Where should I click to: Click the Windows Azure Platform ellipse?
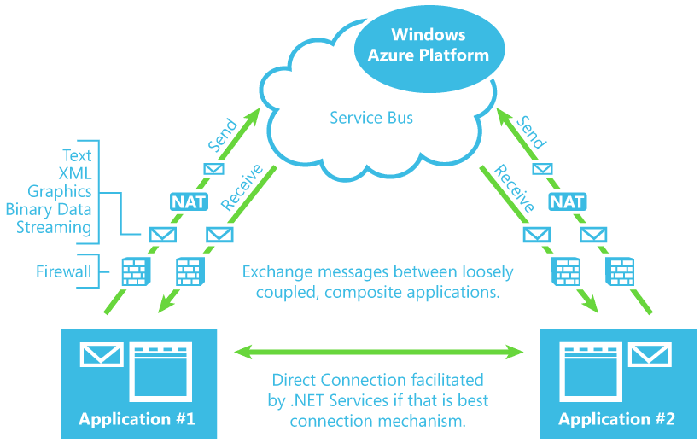point(429,50)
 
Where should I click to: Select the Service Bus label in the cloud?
point(371,118)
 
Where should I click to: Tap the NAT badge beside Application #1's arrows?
point(190,201)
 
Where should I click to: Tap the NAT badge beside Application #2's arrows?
point(568,201)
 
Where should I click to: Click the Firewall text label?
point(63,271)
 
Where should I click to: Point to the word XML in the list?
point(75,173)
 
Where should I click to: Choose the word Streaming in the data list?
point(54,227)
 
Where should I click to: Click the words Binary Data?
point(48,209)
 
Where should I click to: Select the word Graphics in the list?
point(60,191)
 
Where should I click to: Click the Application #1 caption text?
point(137,419)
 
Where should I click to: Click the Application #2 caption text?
point(616,419)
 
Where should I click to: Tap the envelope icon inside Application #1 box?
point(102,354)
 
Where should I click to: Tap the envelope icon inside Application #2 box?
point(650,354)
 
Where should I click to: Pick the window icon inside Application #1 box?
point(160,372)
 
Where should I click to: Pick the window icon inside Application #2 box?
point(591,372)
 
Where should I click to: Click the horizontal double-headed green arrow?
point(379,352)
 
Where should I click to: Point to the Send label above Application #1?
point(223,136)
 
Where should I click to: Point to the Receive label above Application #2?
point(514,188)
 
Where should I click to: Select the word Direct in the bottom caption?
point(295,380)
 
